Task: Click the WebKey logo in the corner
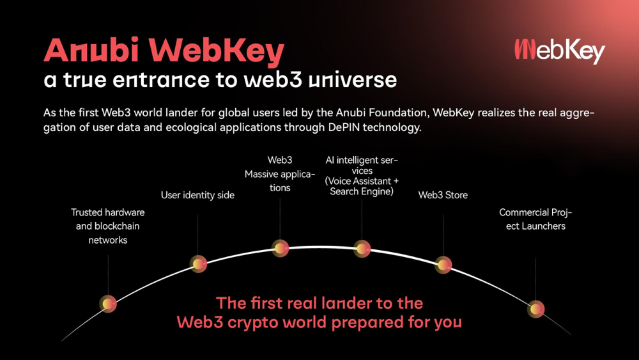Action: [560, 51]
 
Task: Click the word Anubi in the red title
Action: [91, 50]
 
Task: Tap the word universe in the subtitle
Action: [353, 80]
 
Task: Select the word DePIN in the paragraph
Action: [344, 127]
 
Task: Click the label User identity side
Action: [197, 195]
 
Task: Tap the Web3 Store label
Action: [443, 195]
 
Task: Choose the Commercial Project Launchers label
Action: [535, 219]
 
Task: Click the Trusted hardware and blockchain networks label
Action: [107, 226]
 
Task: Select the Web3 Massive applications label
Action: [280, 174]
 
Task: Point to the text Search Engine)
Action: [362, 192]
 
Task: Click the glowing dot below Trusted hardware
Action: [108, 304]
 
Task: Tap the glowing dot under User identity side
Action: [199, 264]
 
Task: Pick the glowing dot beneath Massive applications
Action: [281, 248]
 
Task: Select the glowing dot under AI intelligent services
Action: [362, 249]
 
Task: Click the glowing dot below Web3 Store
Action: [443, 265]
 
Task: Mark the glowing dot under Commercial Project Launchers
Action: [536, 309]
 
